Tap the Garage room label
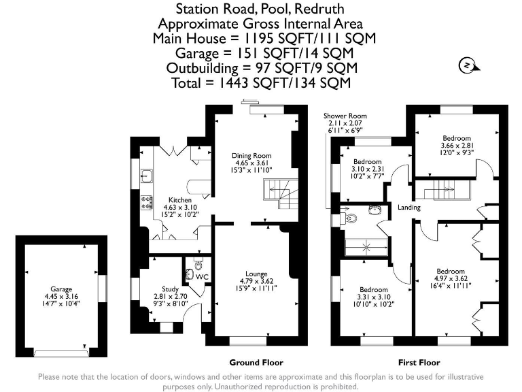click(x=60, y=289)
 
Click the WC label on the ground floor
click(x=202, y=278)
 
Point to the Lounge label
click(x=256, y=274)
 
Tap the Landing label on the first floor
click(x=409, y=208)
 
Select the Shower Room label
click(x=345, y=116)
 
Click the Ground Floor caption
click(x=256, y=363)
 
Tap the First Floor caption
click(x=419, y=363)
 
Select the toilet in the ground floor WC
click(x=197, y=265)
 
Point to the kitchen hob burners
click(x=145, y=201)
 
